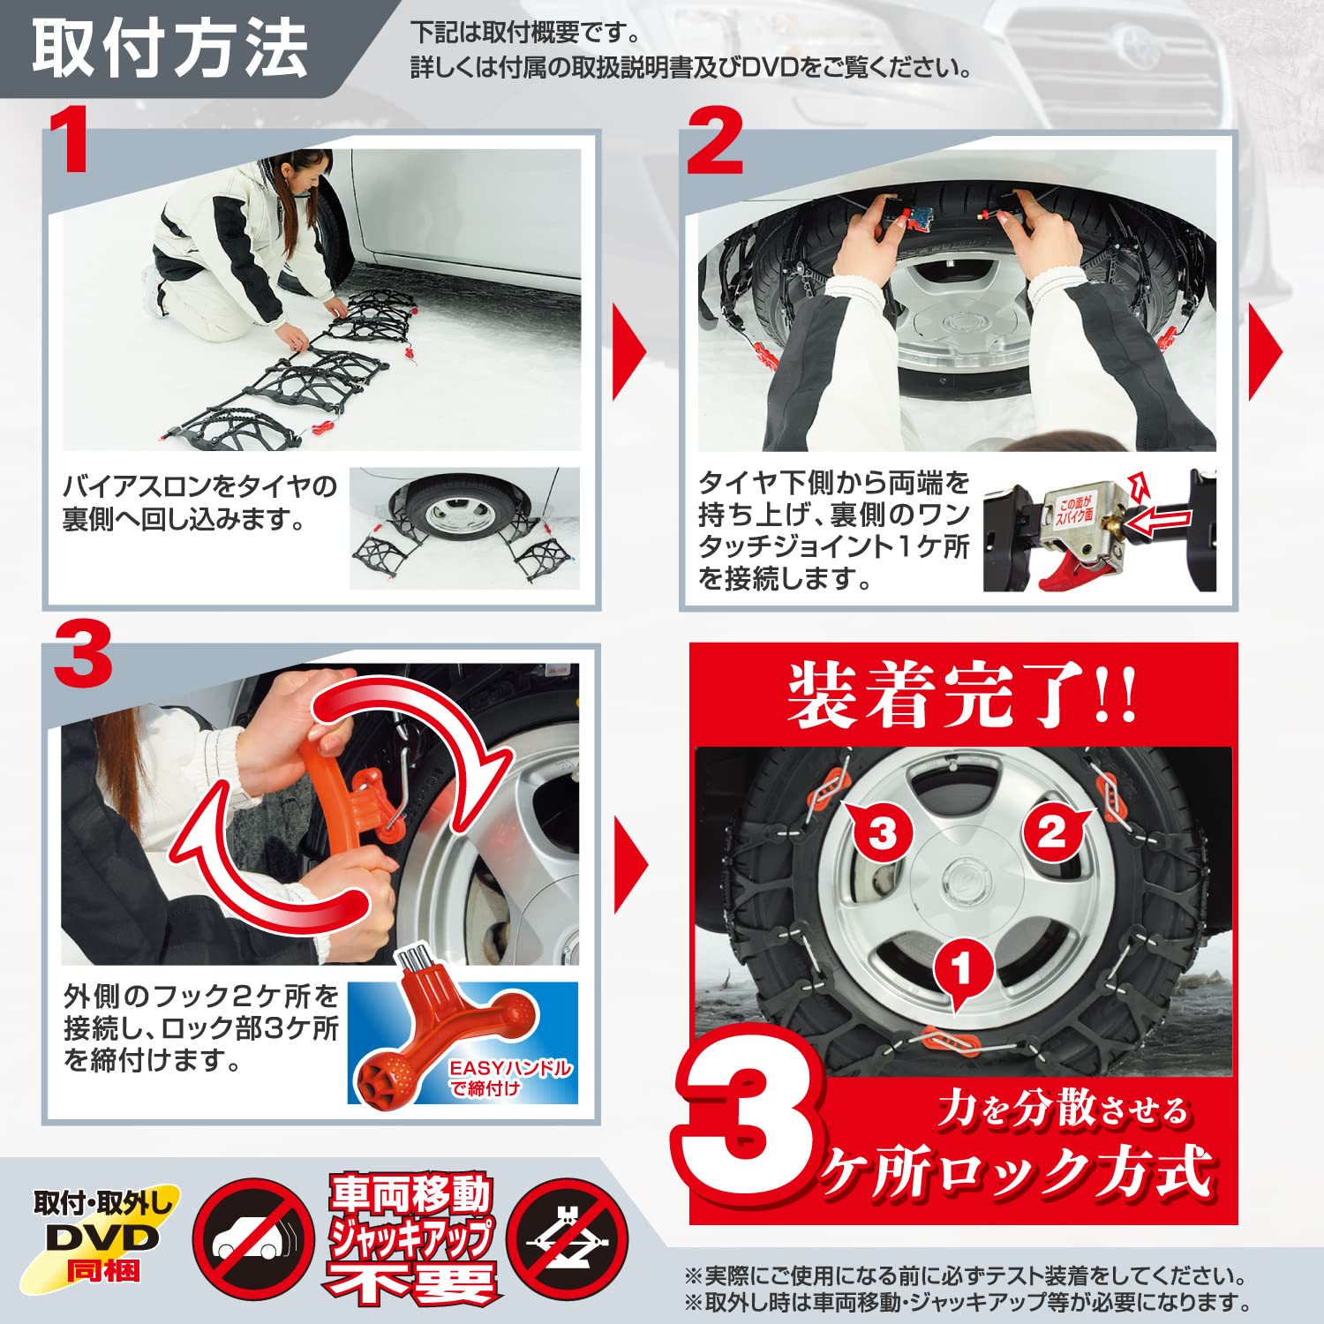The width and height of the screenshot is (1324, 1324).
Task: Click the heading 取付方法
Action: pos(169,49)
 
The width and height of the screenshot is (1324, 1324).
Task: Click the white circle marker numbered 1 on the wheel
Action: pos(962,968)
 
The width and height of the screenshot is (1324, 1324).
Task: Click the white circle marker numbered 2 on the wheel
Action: pos(1052,831)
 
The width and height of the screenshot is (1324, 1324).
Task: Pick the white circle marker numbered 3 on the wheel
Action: pos(883,831)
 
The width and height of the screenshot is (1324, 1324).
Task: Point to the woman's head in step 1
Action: pos(304,172)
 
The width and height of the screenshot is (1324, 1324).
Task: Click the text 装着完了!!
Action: pos(962,695)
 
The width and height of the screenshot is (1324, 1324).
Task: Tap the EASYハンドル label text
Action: pos(509,1068)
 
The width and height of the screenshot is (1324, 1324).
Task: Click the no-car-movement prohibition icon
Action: pos(253,1237)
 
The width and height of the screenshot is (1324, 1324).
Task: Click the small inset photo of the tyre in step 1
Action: pos(464,528)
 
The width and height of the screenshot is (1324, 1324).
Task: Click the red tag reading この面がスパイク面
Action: pos(1075,510)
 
